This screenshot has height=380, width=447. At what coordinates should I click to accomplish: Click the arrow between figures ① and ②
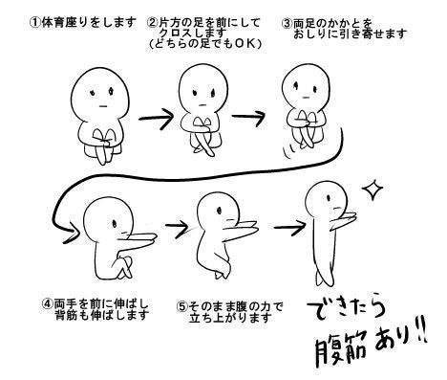tap(156, 119)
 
